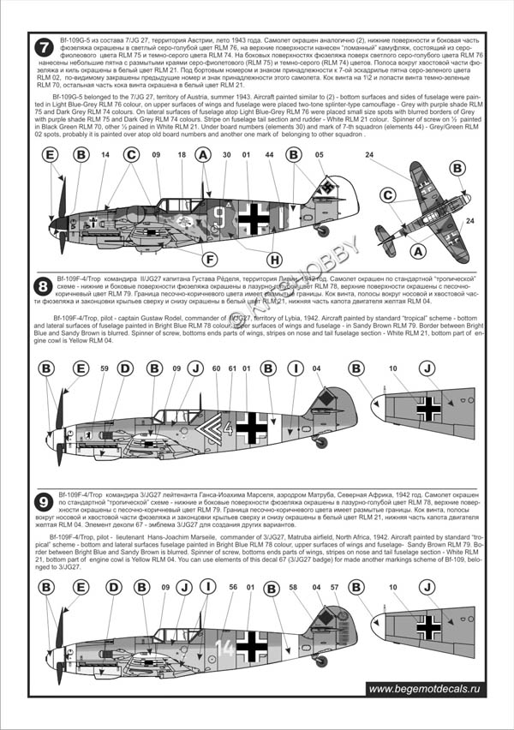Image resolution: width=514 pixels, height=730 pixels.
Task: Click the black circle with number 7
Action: pos(43,48)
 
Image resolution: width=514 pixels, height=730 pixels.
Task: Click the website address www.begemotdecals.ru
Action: pos(425,688)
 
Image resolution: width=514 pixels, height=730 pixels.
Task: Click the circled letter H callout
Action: pos(274,259)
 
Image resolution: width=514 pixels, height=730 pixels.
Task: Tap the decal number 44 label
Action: pos(270,155)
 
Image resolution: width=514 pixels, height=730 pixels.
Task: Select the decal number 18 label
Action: pos(182,155)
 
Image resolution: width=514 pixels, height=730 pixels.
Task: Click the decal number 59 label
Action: pos(104,368)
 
